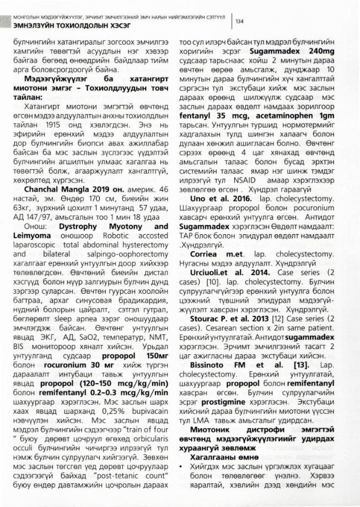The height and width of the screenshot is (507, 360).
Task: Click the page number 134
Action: click(x=240, y=21)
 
